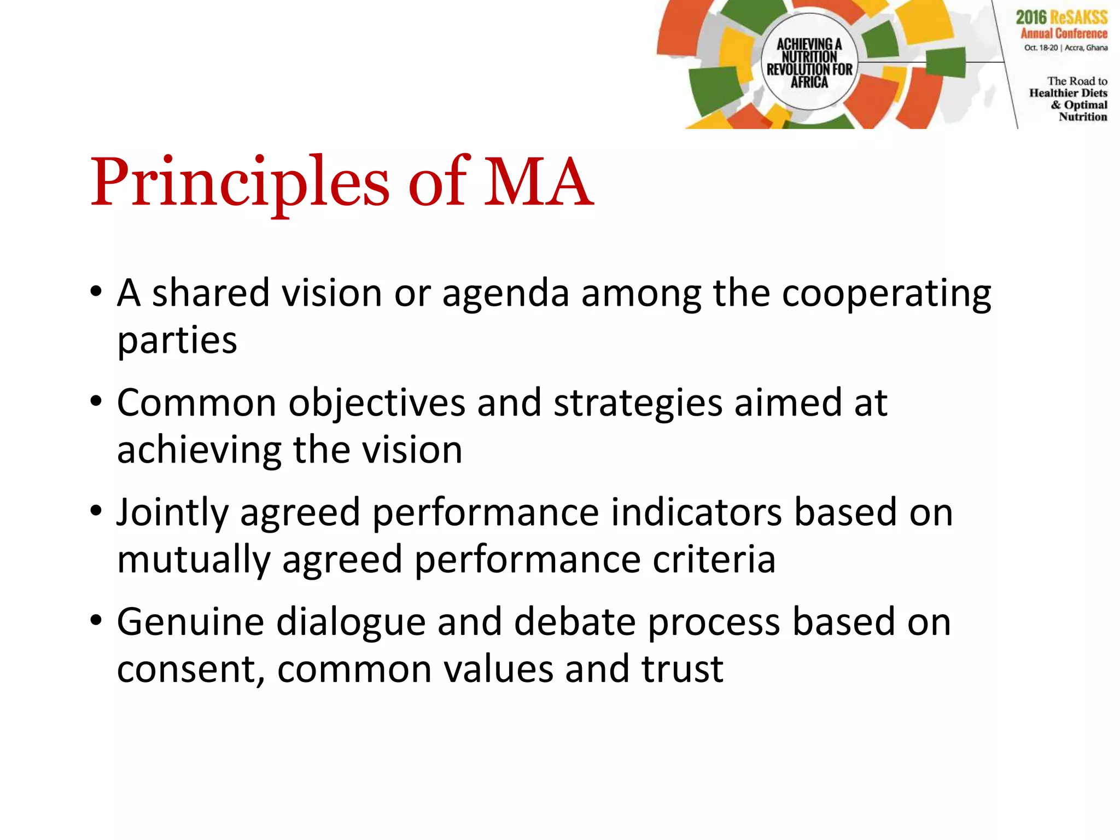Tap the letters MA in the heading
tap(538, 183)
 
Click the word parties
tap(177, 342)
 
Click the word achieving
tap(199, 451)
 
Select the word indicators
tap(696, 513)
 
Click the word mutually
tap(194, 561)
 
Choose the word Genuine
tap(190, 623)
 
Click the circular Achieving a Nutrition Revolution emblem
tap(809, 62)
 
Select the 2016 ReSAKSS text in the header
tap(1061, 17)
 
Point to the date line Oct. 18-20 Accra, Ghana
tap(1065, 48)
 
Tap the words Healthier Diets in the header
tap(1067, 93)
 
